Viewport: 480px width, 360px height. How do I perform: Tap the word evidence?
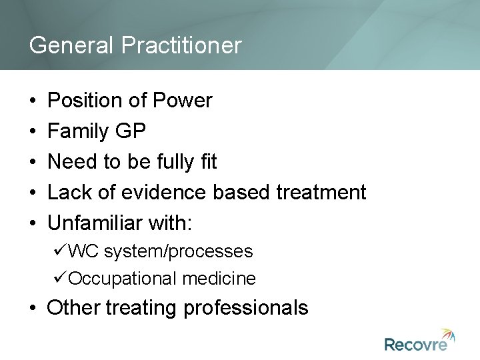[x=167, y=193]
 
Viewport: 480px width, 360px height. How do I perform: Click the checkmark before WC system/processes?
[x=61, y=251]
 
